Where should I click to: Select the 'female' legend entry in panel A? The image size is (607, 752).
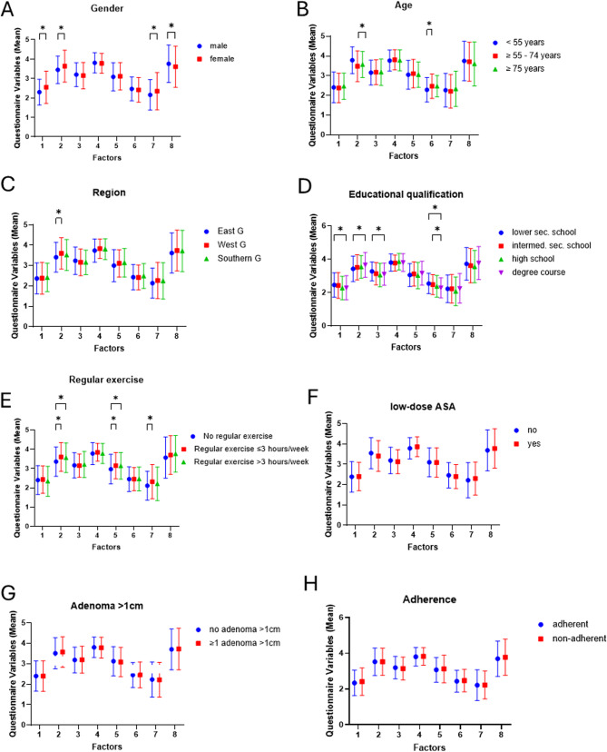coord(240,58)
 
